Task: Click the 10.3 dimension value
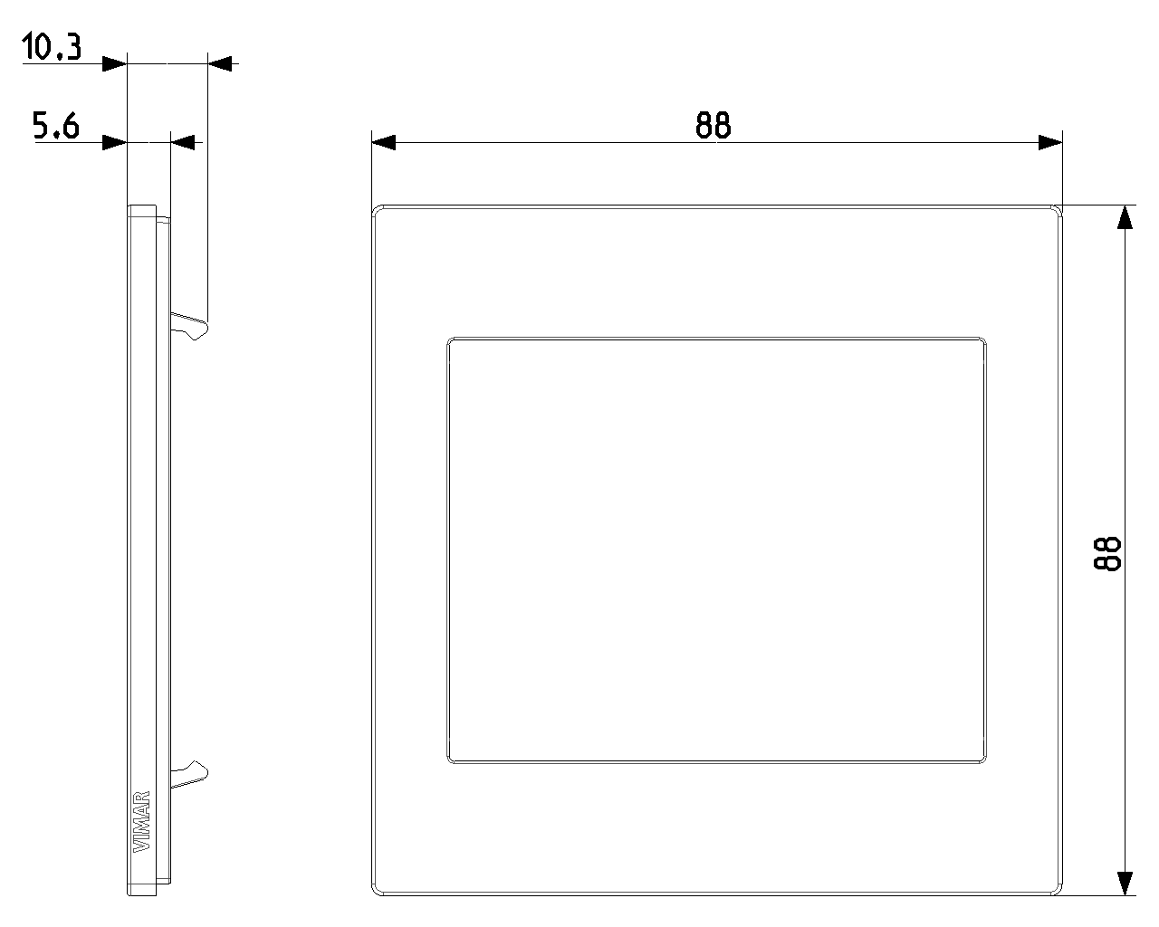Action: [52, 46]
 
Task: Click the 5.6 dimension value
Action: [56, 126]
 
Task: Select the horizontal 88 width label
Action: [714, 126]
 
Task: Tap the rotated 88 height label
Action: [1107, 553]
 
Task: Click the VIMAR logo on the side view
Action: [141, 821]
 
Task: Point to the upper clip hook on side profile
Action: [189, 326]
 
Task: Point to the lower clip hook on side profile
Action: [189, 774]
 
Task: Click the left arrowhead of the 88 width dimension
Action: [383, 143]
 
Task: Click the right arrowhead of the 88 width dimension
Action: [1050, 143]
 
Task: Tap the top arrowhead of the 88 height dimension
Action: [1125, 217]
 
